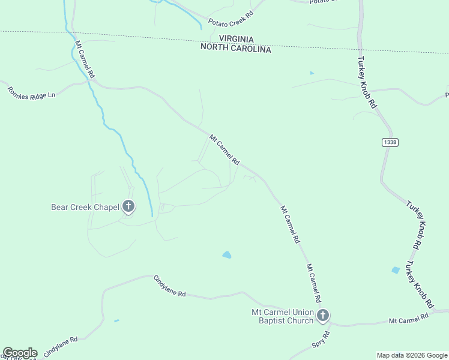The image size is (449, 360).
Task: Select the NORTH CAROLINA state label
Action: tap(236, 48)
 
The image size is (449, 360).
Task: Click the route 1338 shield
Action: tap(389, 142)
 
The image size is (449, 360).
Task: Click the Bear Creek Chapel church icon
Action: tap(128, 206)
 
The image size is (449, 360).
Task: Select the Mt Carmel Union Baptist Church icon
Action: tap(323, 315)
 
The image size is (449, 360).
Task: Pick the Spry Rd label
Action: tap(321, 340)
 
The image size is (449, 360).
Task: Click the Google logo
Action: tap(20, 353)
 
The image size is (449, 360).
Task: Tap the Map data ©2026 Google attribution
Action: tap(412, 355)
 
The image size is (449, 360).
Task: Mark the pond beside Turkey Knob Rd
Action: tap(396, 270)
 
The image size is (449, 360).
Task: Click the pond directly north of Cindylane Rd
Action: tap(227, 254)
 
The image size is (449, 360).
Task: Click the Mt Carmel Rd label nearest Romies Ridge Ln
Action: tap(85, 60)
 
